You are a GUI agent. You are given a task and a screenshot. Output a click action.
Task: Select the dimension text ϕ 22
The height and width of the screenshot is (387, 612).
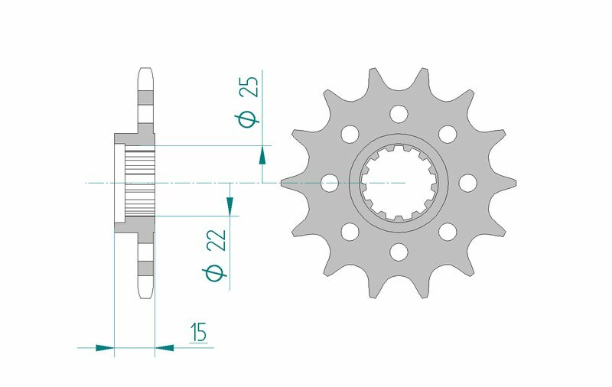[x=217, y=255]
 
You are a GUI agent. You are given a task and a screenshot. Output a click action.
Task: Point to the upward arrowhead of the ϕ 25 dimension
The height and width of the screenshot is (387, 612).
[x=262, y=155]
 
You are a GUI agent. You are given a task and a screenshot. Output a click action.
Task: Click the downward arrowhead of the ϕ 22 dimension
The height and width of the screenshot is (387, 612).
[x=229, y=205]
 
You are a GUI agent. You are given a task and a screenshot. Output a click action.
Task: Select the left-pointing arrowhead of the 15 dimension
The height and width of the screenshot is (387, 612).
[x=164, y=348]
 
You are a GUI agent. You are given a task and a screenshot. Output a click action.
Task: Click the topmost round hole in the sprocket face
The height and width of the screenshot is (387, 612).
[x=398, y=114]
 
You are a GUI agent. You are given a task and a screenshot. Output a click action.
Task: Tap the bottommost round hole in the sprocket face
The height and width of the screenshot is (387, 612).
[x=398, y=251]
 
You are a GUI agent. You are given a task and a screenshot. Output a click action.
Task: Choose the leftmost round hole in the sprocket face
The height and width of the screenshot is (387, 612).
[x=330, y=183]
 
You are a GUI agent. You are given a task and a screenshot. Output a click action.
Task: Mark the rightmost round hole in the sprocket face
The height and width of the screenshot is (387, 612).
[x=466, y=183]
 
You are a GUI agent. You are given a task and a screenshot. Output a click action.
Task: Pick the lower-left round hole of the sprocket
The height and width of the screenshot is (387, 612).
[x=350, y=231]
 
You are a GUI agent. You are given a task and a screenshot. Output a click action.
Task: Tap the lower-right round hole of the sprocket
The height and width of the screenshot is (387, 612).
[x=447, y=231]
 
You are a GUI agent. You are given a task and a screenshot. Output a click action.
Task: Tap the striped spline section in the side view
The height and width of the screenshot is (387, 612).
[x=140, y=183]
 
